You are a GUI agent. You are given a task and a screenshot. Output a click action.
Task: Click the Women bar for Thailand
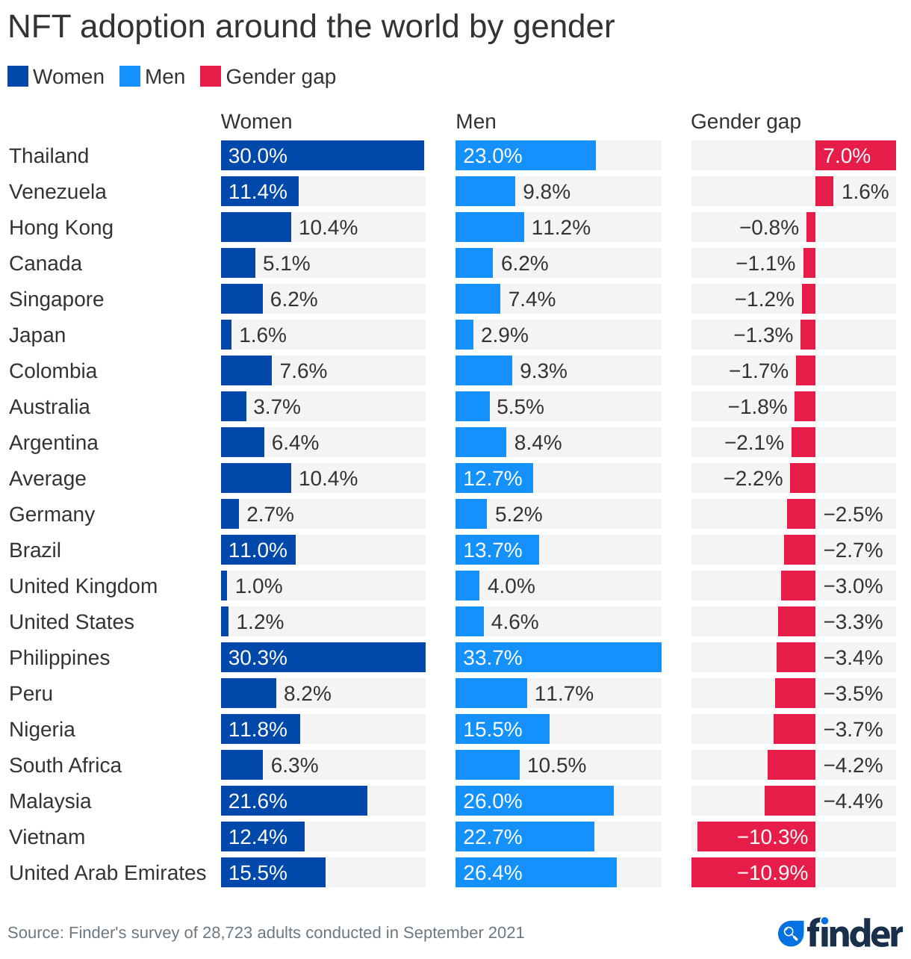point(323,155)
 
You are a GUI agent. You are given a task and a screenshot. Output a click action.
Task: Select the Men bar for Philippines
point(559,657)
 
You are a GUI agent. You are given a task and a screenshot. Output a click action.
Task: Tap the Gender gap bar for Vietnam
point(756,837)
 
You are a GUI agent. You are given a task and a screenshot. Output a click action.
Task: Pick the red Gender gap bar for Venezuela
point(824,191)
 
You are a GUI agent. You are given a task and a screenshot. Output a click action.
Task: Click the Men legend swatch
point(130,76)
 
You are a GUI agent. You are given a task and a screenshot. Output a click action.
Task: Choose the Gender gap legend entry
point(269,76)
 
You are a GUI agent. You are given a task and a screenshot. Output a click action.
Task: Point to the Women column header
point(256,121)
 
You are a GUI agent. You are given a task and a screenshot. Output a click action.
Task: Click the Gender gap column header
point(745,121)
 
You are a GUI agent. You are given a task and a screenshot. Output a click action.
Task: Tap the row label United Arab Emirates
point(108,872)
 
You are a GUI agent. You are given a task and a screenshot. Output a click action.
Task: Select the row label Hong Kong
point(61,227)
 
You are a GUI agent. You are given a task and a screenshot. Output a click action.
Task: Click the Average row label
point(48,478)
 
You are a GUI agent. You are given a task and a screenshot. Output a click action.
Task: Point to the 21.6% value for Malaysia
point(258,801)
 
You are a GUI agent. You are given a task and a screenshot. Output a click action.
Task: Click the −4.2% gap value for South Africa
point(853,765)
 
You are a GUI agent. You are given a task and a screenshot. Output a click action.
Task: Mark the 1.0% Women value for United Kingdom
point(258,586)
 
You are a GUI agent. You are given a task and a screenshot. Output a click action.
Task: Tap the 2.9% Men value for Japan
point(504,335)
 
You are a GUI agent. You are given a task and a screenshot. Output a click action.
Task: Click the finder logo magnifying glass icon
point(790,933)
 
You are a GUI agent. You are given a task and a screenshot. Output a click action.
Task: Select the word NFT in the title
point(39,27)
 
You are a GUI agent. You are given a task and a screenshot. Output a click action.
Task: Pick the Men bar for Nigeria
point(503,729)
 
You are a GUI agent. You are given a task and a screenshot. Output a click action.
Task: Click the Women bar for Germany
point(230,514)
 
